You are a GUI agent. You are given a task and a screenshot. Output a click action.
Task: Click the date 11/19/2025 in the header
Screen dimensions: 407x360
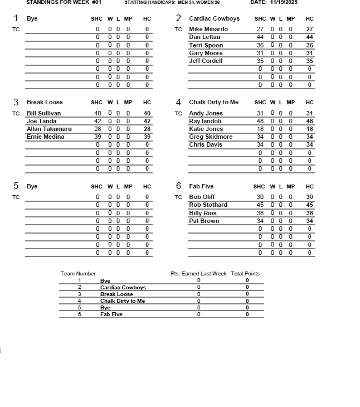point(283,2)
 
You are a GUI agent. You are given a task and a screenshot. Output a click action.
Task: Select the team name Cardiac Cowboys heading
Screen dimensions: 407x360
point(214,18)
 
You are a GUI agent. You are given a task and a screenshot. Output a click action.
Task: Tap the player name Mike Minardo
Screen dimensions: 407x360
point(208,29)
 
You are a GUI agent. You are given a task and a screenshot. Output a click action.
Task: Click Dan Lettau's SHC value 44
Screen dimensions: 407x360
point(260,37)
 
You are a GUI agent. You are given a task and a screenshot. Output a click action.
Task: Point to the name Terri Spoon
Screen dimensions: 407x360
point(206,45)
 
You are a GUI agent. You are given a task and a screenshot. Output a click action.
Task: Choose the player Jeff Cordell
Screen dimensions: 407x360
point(206,61)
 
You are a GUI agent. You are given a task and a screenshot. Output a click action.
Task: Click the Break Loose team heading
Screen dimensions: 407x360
point(45,102)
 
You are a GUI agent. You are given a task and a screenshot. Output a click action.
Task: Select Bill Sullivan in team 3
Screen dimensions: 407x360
point(43,113)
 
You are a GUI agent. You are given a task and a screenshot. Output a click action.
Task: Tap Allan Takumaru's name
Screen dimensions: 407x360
point(49,129)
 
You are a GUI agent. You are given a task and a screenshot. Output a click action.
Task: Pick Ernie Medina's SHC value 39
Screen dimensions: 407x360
point(98,137)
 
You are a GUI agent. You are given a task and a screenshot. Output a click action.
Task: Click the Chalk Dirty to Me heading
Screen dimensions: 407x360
point(213,102)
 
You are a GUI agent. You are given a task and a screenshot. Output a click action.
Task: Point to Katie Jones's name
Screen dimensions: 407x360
point(206,129)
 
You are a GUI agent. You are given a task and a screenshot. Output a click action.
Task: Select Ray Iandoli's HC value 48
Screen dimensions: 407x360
point(310,121)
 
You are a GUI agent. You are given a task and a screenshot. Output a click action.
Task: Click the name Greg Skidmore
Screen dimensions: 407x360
point(211,137)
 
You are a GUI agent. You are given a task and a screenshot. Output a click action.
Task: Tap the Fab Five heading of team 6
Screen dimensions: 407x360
point(201,186)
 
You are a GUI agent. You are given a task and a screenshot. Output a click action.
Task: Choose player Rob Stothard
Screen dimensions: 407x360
point(208,205)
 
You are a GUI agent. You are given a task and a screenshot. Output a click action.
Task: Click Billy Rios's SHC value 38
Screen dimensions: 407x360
point(260,213)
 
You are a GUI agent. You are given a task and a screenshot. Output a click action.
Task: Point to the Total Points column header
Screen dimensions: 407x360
point(245,274)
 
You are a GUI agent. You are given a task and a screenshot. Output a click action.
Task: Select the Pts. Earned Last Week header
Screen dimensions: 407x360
point(198,274)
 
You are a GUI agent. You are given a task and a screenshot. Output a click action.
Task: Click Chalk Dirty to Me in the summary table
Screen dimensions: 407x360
point(123,301)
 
